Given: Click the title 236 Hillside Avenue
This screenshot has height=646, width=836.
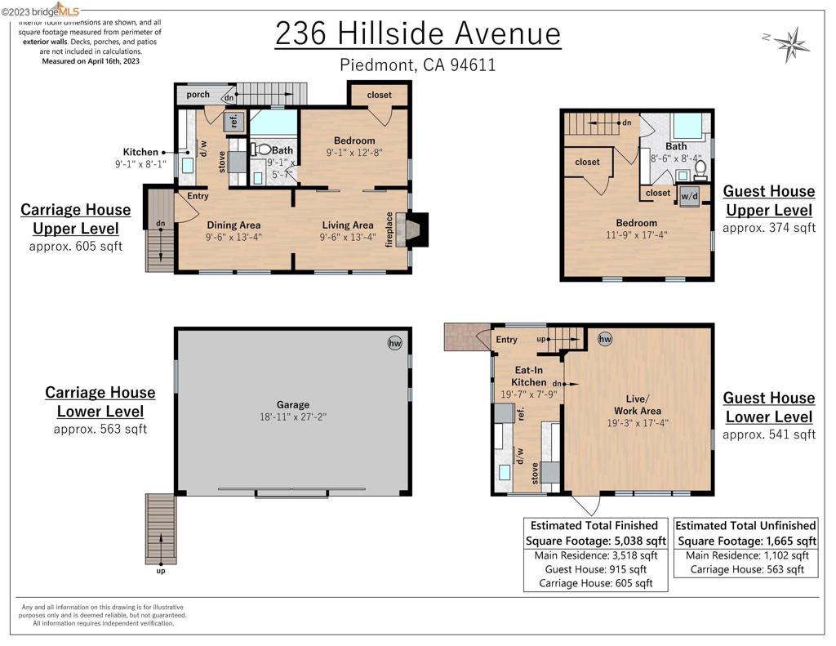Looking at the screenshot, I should coord(418,34).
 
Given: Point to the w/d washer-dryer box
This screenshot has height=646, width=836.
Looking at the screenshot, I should coord(689,195).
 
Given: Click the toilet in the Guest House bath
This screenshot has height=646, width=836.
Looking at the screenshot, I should coord(700,169).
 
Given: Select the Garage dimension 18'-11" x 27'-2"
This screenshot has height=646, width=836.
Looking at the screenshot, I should coord(293,417).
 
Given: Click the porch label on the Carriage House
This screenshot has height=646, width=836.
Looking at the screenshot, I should coord(198,95).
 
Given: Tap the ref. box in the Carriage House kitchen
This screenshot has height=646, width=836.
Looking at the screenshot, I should coord(233,121).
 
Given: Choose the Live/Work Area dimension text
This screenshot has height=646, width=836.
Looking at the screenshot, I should coord(637,423).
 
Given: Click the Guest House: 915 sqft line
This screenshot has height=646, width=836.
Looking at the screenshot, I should coord(595,569).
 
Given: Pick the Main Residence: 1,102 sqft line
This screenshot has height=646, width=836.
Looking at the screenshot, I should coord(745,555).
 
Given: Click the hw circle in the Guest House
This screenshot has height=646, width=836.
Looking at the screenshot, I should coord(605,339).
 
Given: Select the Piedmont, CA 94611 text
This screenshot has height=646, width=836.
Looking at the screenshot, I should coord(418,65).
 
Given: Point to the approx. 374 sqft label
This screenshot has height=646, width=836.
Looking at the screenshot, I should coord(769,229).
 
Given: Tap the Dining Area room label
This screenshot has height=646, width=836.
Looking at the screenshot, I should coord(233,225).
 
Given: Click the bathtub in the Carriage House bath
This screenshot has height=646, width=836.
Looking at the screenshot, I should coord(273,123).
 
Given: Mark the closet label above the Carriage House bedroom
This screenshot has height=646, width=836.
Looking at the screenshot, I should coord(379,95).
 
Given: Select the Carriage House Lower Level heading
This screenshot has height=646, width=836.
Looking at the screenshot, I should coord(100,402).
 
